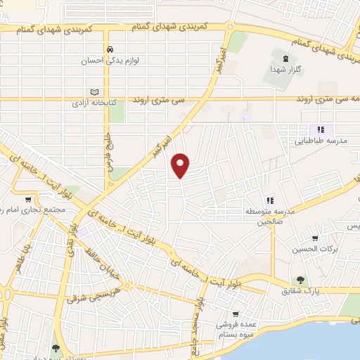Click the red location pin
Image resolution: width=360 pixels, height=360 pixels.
[181, 165]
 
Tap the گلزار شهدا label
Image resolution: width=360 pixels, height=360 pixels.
[285, 70]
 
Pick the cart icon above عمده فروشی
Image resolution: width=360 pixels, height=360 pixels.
[237, 314]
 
